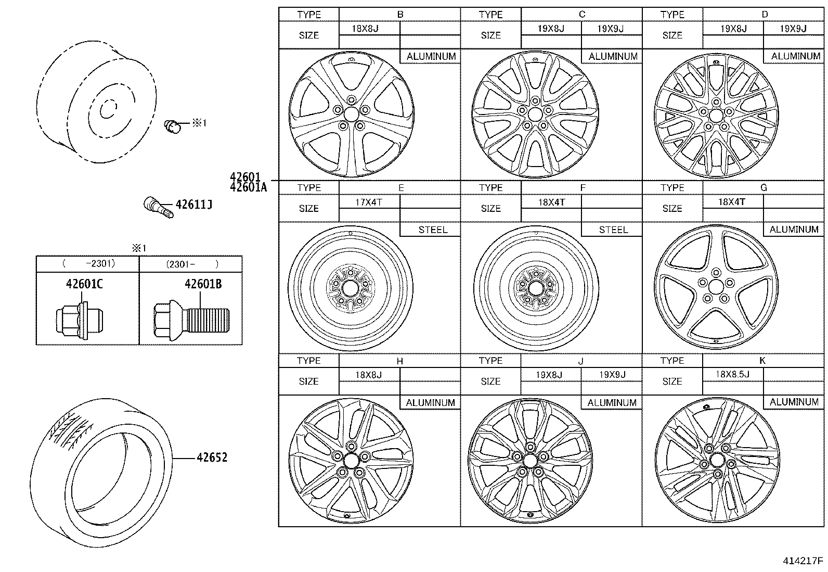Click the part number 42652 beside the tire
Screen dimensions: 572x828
coord(212,458)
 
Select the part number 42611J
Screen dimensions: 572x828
coord(193,205)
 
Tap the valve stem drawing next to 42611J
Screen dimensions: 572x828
coord(158,207)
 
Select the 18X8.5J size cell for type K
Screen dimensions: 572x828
coord(732,374)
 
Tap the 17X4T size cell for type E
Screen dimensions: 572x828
coord(369,202)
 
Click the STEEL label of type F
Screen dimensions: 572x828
coord(613,230)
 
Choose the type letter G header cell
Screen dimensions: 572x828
coord(763,188)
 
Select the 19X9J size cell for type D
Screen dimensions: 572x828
coord(793,29)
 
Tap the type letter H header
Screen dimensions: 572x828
coord(399,361)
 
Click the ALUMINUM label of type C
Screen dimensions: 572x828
coord(613,56)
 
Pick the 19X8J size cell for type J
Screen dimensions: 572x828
coord(550,375)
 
